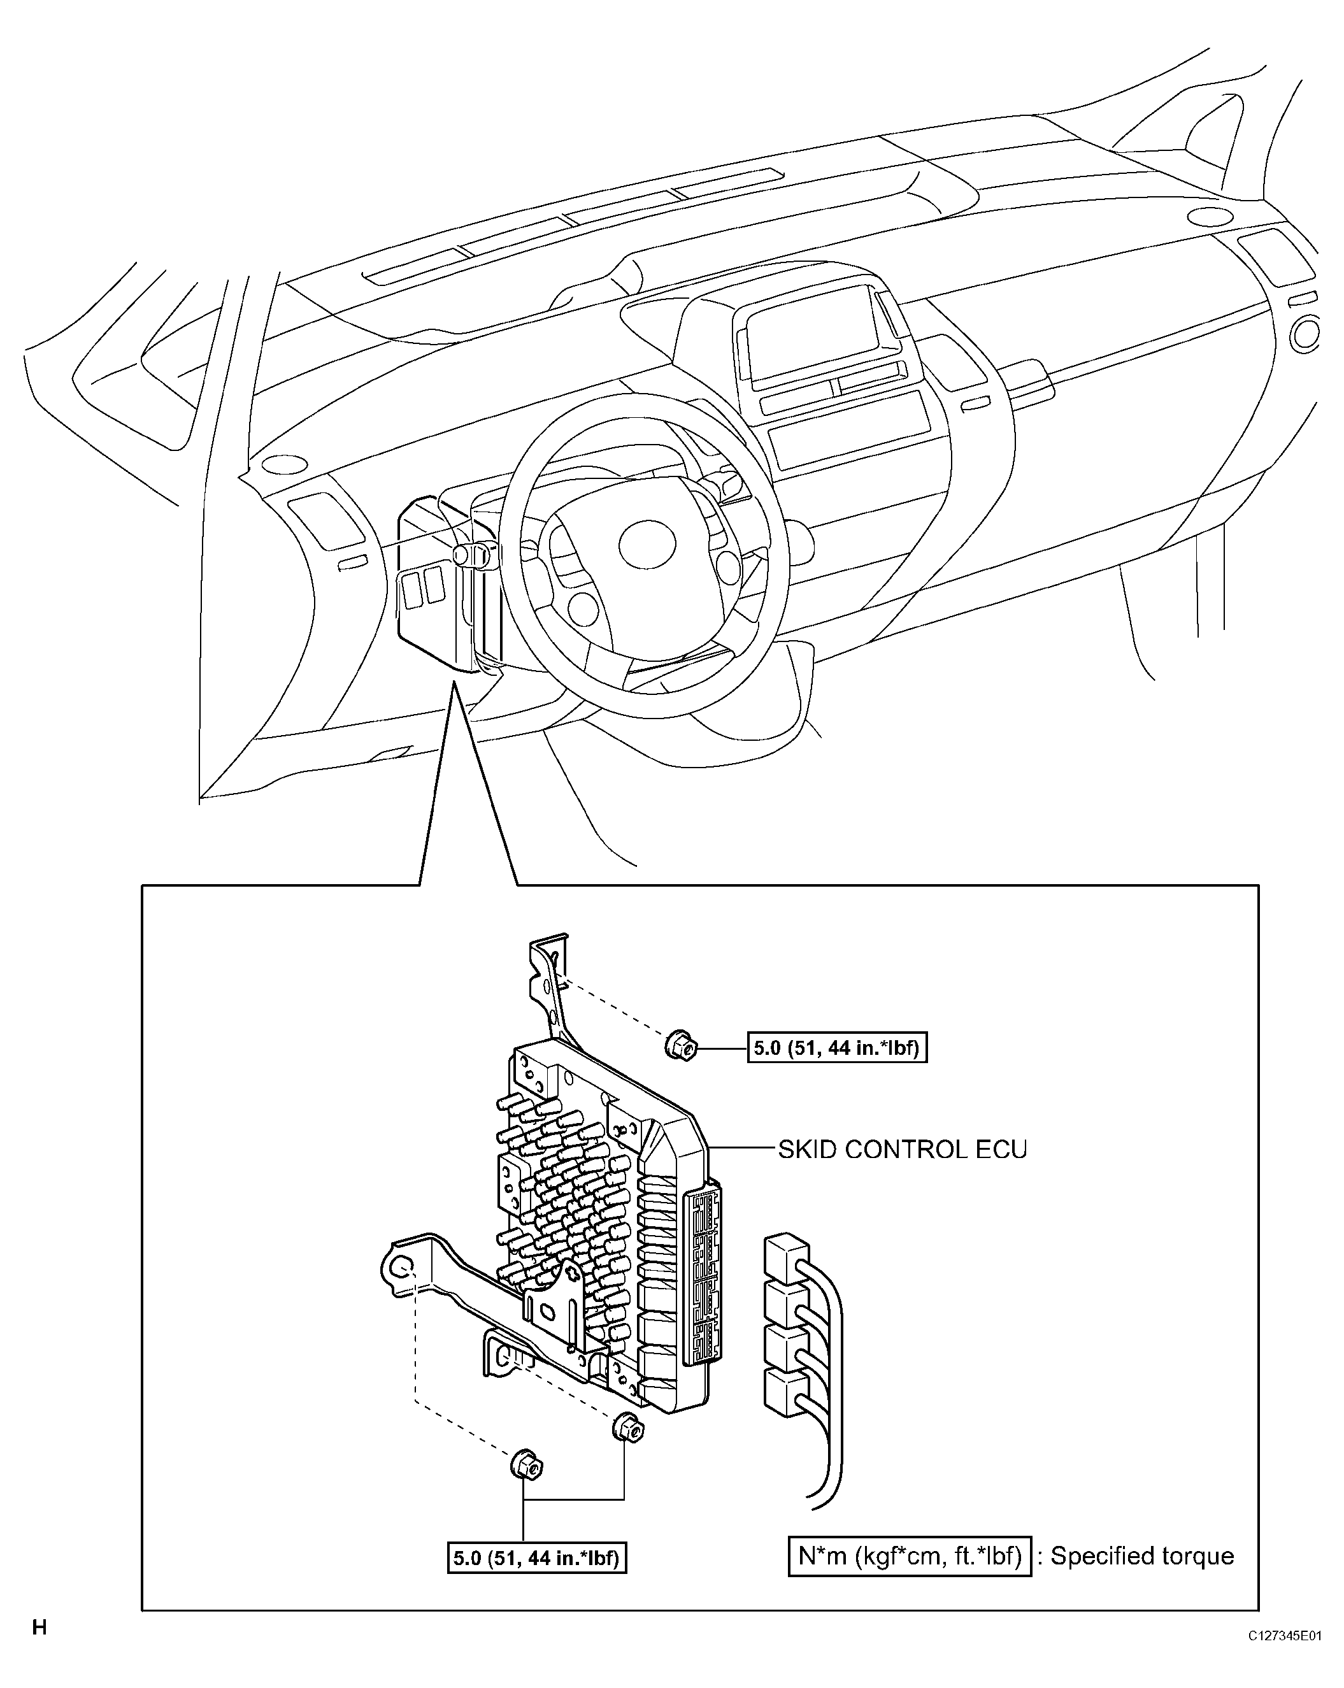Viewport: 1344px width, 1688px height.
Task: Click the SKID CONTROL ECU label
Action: tap(902, 1149)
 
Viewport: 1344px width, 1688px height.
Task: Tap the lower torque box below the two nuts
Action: tap(537, 1558)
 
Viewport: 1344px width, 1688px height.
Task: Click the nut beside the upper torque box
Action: tap(680, 1046)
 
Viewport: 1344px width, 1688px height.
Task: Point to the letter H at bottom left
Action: tap(39, 1627)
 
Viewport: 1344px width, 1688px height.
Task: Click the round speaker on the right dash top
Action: tap(1210, 216)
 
